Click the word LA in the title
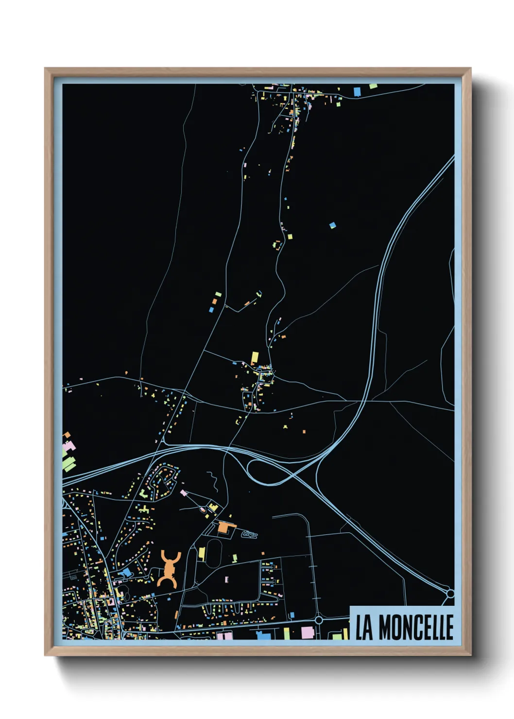click(364, 627)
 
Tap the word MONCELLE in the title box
click(416, 627)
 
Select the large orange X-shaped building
click(169, 569)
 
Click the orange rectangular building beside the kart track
click(224, 527)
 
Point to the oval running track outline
click(214, 552)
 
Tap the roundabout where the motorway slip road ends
click(450, 594)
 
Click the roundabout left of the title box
click(319, 620)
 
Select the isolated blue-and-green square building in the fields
click(333, 225)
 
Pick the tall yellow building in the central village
click(255, 358)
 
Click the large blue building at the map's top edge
click(357, 91)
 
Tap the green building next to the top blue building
click(373, 86)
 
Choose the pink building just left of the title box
click(308, 633)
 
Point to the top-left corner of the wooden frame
click(46, 69)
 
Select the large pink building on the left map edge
click(70, 446)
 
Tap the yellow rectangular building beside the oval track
click(202, 553)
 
